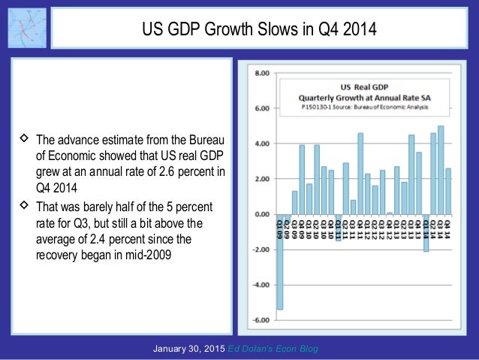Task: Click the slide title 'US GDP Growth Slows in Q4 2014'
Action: [x=260, y=30]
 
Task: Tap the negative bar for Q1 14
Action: [x=426, y=232]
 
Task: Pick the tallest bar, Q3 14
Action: [x=440, y=170]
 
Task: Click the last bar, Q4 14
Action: [x=447, y=191]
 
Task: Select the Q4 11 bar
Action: [x=360, y=174]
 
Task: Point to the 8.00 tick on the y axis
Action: [x=262, y=74]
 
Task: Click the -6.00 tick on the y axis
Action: [x=261, y=320]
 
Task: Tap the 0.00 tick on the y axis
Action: [x=262, y=215]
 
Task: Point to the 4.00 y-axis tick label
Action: [x=262, y=144]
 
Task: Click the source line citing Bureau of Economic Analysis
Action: [x=364, y=107]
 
